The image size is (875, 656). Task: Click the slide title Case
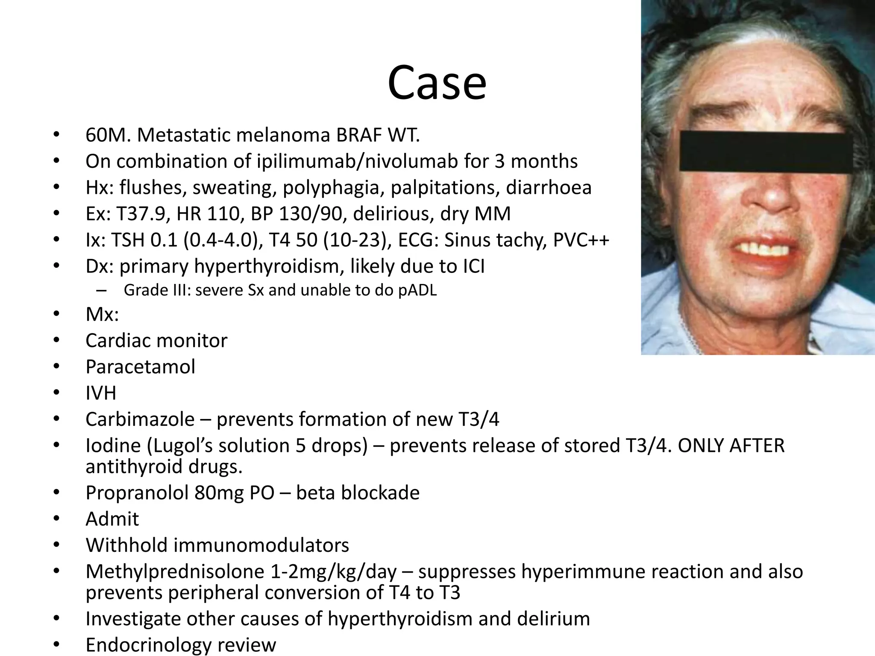[437, 83]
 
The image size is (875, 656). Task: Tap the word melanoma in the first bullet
[283, 135]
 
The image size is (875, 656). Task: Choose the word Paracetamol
[141, 367]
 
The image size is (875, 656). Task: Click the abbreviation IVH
[101, 393]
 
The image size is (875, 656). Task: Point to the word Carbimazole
[140, 419]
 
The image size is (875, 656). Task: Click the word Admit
[112, 519]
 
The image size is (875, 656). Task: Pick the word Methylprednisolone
[175, 572]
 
